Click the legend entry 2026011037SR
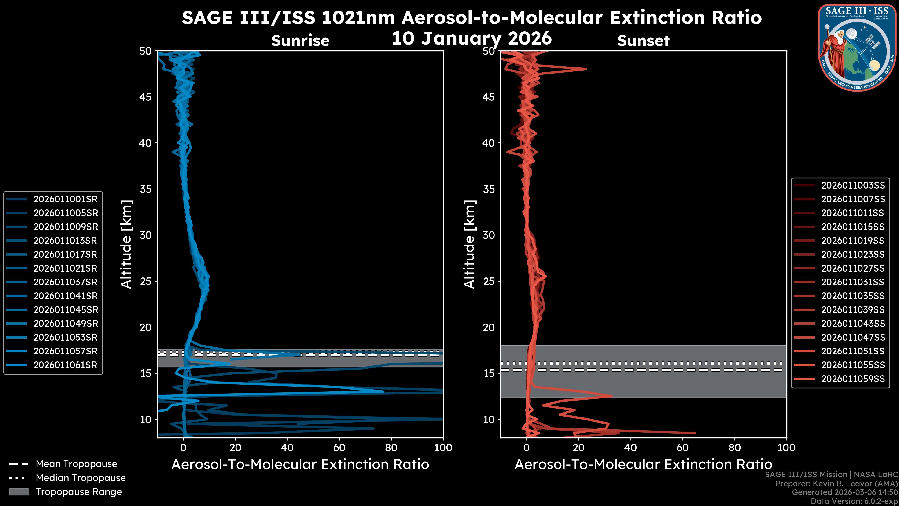click(x=65, y=282)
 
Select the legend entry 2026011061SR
click(x=65, y=365)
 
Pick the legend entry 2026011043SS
click(x=853, y=323)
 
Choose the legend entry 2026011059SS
click(x=853, y=379)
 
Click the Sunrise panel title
click(x=300, y=41)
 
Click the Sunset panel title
click(x=643, y=41)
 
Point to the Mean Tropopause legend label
click(x=76, y=464)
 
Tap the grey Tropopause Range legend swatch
click(x=18, y=492)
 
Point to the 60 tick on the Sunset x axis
click(x=682, y=448)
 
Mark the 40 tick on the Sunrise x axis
click(x=287, y=448)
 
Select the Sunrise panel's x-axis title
click(x=300, y=465)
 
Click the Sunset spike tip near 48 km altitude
click(x=586, y=69)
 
